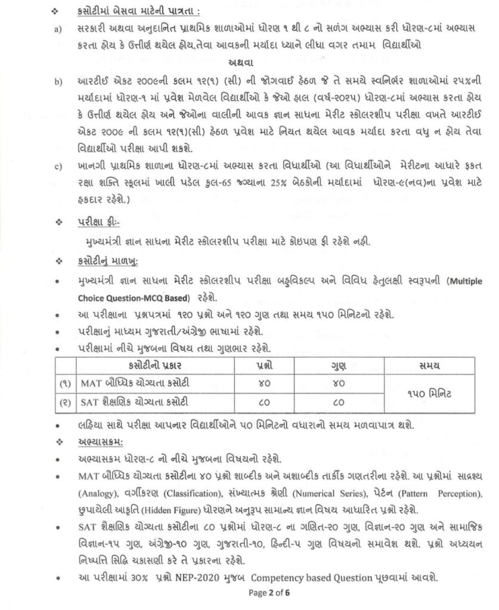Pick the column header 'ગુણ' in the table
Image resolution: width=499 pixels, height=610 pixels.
338,363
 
